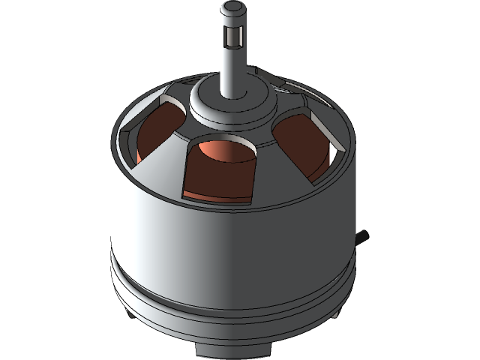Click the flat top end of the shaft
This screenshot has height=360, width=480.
pos(233,7)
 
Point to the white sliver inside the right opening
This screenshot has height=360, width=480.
pos(331,154)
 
